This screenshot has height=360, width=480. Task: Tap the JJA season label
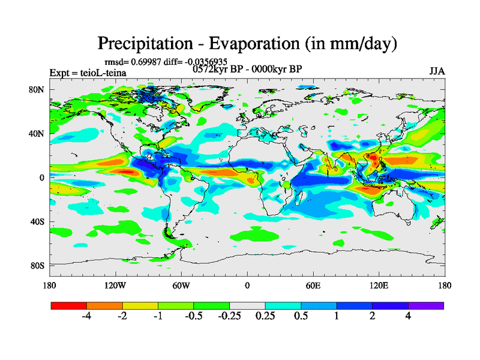click(x=437, y=71)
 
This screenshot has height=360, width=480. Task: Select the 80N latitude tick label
click(x=37, y=90)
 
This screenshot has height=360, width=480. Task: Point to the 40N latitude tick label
click(x=37, y=134)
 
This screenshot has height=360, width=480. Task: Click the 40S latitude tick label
click(x=37, y=222)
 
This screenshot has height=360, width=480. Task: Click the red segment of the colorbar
click(x=69, y=305)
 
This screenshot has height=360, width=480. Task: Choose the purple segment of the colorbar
click(x=426, y=305)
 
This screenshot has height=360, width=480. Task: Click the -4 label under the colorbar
click(x=86, y=316)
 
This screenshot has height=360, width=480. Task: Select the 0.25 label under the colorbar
click(x=265, y=316)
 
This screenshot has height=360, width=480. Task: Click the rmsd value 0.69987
click(x=147, y=62)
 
